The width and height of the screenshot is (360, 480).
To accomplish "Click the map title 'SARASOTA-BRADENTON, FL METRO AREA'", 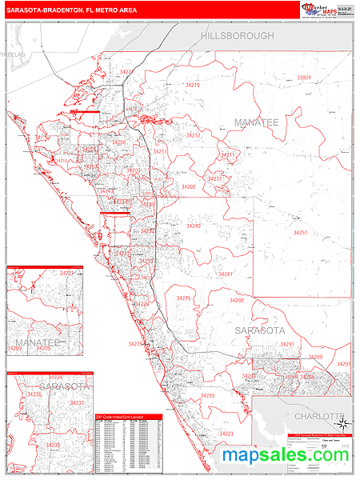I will coord(71,9).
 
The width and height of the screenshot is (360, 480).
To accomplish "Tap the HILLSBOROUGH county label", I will coord(237,36).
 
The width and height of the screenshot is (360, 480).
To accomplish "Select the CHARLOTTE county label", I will coord(318,417).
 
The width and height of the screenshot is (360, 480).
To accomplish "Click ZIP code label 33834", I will coord(304,78).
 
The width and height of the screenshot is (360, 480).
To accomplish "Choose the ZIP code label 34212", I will coord(193,136).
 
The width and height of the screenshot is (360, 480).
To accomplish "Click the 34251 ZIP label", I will coord(300,233).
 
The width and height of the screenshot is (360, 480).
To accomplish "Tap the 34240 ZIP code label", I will coord(194,226).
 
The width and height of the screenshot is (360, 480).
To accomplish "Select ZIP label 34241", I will coord(225,274).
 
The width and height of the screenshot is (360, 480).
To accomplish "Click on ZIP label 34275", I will coord(183,298).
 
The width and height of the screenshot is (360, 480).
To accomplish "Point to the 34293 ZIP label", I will coord(208,395).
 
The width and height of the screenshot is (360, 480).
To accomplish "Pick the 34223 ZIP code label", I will coord(226,434).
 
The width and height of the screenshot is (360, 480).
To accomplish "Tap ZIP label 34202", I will coord(188,186).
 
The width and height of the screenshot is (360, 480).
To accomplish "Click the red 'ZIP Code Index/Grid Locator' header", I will coord(127,418).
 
